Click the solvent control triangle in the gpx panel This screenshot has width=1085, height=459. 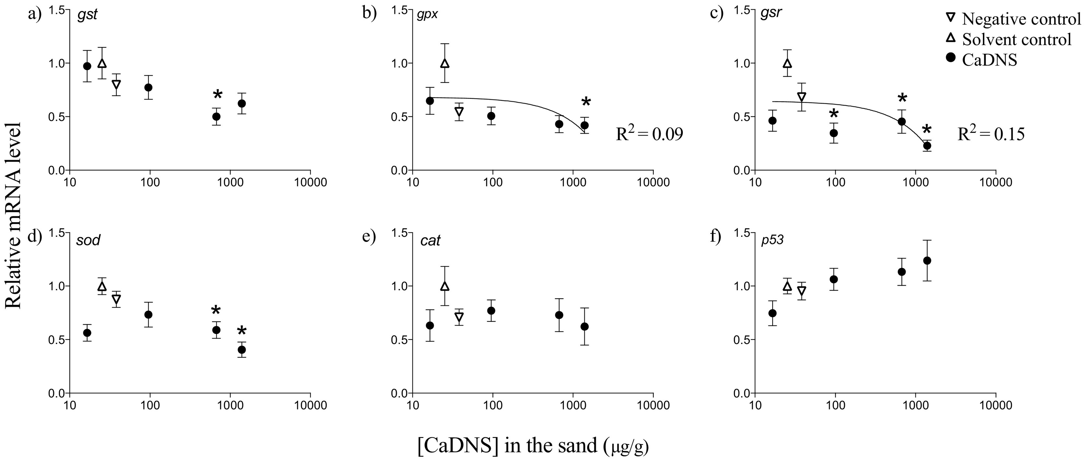tap(445, 63)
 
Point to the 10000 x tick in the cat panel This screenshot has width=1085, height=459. tap(653, 405)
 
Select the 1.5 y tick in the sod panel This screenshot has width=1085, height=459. tap(57, 233)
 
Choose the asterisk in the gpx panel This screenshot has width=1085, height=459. tap(586, 103)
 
